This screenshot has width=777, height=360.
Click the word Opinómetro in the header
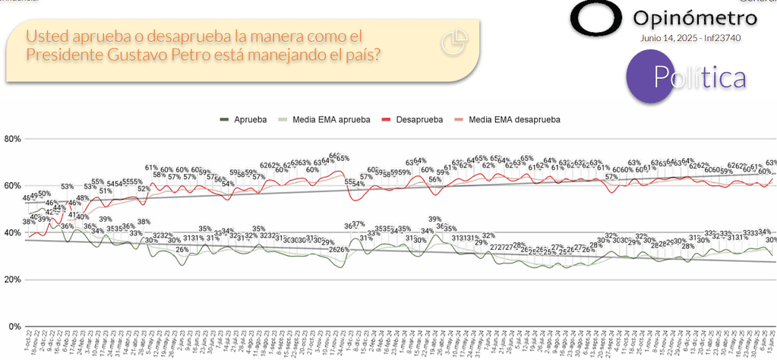coord(695,17)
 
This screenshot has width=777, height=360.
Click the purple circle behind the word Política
coord(655,76)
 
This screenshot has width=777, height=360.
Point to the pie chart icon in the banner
coord(453,44)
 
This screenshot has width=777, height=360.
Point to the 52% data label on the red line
coord(143,189)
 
